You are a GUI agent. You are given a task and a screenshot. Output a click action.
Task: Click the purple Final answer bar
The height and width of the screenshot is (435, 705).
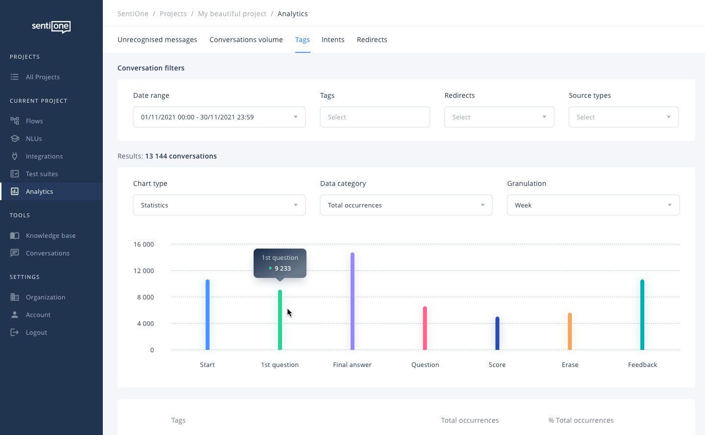pos(352,301)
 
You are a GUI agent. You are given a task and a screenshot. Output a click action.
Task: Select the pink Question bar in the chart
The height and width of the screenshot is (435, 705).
pos(425,328)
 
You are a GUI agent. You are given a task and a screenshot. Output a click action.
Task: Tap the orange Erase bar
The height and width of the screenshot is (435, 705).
pos(570,331)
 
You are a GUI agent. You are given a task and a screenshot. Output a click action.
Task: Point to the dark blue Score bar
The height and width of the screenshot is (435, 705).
pos(497,333)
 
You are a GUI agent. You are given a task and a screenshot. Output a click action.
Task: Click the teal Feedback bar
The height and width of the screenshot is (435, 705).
pos(642,315)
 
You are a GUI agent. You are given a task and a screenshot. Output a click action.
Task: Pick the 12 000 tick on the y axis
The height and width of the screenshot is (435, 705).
pos(143,271)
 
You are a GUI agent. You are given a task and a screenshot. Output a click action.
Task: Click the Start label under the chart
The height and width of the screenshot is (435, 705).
pos(207,365)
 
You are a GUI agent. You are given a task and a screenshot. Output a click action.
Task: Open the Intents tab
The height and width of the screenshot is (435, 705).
pos(333,40)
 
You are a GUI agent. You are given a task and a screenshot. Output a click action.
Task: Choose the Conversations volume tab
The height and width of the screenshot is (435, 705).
pos(246,40)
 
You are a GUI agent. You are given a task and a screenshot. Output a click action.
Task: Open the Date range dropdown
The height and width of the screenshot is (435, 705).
pos(219,117)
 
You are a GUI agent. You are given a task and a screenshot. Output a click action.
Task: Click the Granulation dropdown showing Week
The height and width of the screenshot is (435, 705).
pos(593,205)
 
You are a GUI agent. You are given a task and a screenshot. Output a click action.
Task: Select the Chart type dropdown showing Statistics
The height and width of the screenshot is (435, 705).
pos(219,205)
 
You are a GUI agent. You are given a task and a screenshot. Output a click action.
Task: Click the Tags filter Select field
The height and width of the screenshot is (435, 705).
pos(375,117)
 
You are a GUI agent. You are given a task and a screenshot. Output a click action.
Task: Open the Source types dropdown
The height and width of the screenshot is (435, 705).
pos(623,117)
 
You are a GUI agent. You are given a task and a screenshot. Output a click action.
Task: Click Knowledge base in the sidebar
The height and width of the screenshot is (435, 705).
pos(50,235)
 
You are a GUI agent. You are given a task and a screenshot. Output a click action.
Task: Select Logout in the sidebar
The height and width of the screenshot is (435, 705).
pos(36,332)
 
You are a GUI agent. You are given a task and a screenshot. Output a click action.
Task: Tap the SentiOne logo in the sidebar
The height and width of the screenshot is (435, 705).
pos(51,26)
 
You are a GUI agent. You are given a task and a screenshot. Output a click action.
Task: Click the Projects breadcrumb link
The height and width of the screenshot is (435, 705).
pos(173,14)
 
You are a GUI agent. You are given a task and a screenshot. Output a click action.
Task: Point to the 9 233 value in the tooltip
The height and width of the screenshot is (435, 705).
pos(282,268)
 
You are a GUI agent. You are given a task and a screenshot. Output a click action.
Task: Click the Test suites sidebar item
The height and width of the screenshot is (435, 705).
pos(42,174)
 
